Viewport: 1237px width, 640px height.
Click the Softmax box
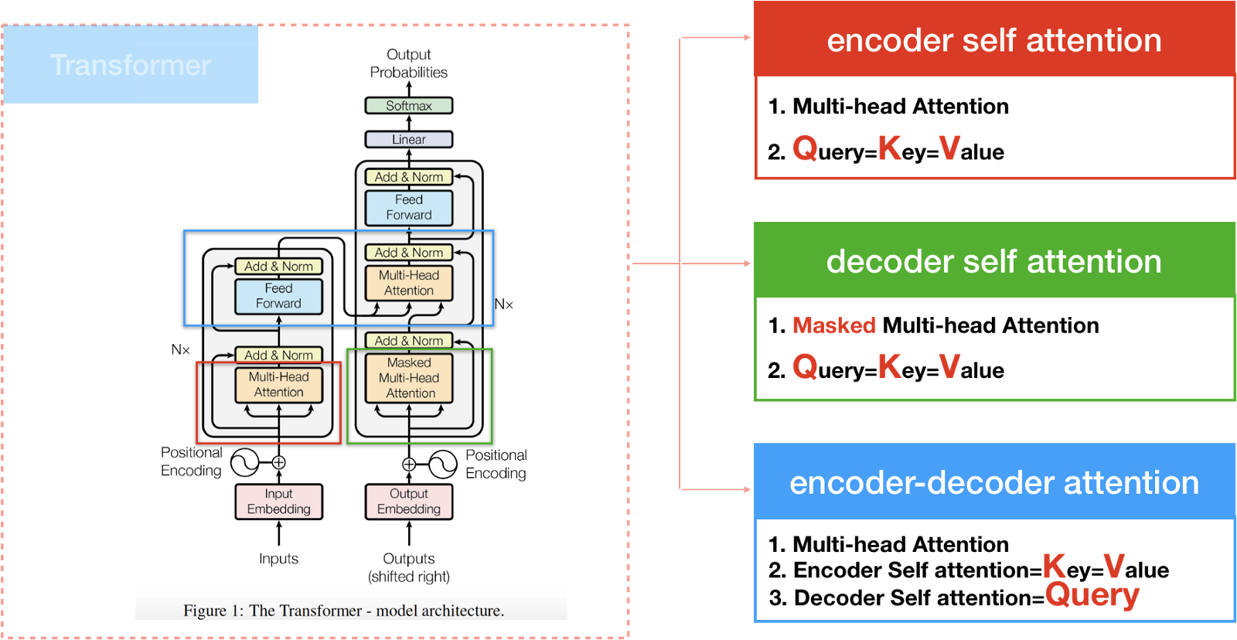tap(409, 106)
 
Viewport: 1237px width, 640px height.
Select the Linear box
tap(409, 140)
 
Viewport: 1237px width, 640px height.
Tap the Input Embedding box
tap(278, 502)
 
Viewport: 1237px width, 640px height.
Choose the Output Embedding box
tap(409, 502)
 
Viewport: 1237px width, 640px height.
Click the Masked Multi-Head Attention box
tap(409, 378)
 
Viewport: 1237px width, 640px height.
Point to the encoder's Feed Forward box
tap(278, 296)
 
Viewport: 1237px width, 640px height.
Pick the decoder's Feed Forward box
tap(409, 208)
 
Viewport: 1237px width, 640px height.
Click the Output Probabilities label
tap(409, 63)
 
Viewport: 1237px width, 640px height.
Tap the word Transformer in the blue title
tap(131, 65)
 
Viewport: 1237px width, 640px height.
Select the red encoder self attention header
tap(994, 40)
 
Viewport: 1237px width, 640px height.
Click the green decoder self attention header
tap(994, 261)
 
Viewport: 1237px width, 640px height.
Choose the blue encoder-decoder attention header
tap(994, 482)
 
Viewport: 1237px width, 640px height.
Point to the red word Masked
tap(834, 325)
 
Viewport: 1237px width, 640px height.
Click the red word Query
tap(1092, 594)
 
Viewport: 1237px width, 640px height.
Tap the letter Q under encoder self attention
tap(805, 148)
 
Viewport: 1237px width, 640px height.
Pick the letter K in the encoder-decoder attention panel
tap(1054, 565)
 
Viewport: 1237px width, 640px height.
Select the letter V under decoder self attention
tap(949, 366)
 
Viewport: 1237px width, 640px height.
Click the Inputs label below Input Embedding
tap(278, 558)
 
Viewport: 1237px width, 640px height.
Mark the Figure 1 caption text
tap(343, 611)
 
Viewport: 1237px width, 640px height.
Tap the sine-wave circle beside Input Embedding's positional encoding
tap(245, 462)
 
